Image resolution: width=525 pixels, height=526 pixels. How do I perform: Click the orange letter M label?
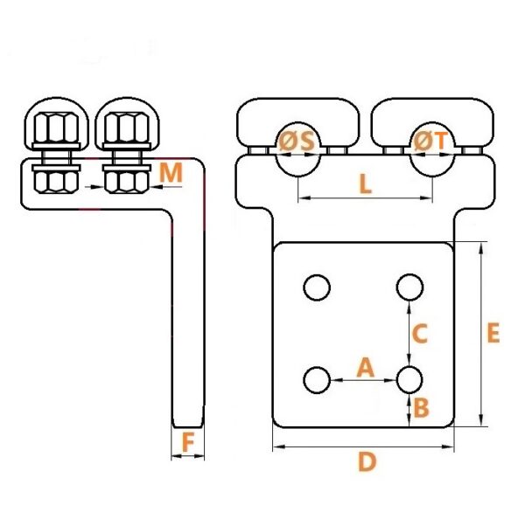[x=171, y=172]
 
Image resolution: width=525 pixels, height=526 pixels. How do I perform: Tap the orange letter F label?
[x=188, y=442]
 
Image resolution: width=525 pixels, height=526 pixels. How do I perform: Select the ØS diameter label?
[x=297, y=141]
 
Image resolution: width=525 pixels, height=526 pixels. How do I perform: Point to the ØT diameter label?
[x=431, y=141]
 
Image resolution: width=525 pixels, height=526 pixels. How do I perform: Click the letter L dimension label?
[x=366, y=184]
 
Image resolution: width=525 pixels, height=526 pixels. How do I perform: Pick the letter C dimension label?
[x=419, y=334]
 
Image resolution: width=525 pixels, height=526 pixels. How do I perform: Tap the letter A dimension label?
[x=366, y=367]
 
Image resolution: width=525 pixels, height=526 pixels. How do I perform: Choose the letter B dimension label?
[x=422, y=407]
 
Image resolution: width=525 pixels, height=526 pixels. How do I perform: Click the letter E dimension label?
[x=493, y=333]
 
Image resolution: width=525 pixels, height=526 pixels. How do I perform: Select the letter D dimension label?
[x=367, y=461]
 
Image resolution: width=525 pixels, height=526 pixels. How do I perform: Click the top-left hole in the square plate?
[x=317, y=287]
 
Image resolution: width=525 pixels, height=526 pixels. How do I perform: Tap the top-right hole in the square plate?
[x=409, y=287]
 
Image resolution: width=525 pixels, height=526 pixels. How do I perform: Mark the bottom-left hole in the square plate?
[x=317, y=380]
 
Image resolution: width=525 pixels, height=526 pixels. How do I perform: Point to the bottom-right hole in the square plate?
[x=409, y=380]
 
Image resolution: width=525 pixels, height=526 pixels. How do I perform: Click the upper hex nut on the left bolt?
[x=56, y=128]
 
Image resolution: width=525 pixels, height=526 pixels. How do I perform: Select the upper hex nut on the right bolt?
[x=127, y=128]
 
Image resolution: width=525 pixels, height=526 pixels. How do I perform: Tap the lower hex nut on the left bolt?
[x=56, y=182]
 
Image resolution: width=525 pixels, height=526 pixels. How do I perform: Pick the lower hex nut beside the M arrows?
[x=127, y=182]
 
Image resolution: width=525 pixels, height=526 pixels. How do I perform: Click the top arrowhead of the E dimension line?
[x=481, y=249]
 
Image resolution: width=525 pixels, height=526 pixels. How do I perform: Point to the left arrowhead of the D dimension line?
[x=279, y=446]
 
